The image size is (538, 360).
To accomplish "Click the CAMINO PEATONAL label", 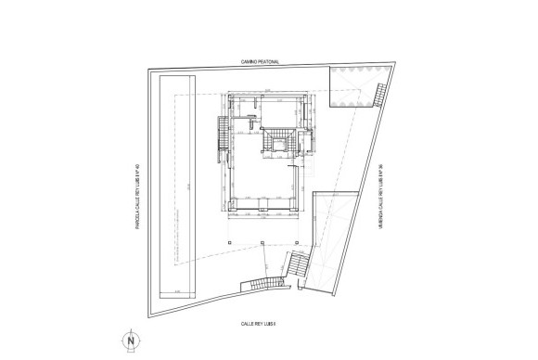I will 261,62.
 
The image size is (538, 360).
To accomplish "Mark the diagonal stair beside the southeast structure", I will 299,266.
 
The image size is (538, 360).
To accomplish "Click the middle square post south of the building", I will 263,243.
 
